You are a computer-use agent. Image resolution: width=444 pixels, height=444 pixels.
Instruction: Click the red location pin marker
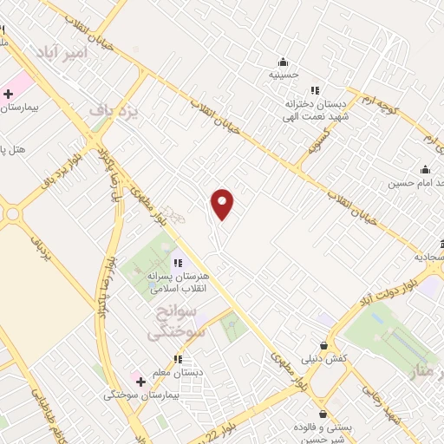[223, 204]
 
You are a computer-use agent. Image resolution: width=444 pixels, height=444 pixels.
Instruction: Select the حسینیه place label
[283, 75]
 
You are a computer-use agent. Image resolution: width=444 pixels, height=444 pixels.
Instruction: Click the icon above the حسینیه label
[283, 62]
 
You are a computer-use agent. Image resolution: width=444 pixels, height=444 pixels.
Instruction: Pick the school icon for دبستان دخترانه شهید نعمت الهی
[315, 90]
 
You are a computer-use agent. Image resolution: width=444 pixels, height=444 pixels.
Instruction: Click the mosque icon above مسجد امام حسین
[425, 170]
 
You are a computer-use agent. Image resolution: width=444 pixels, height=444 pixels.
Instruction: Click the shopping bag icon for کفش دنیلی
[325, 343]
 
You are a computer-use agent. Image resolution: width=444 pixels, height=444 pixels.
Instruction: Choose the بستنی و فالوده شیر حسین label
[323, 434]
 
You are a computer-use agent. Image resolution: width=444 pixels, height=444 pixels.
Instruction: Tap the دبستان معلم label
[178, 373]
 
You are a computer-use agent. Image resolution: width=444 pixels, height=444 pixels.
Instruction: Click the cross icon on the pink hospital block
[8, 94]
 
